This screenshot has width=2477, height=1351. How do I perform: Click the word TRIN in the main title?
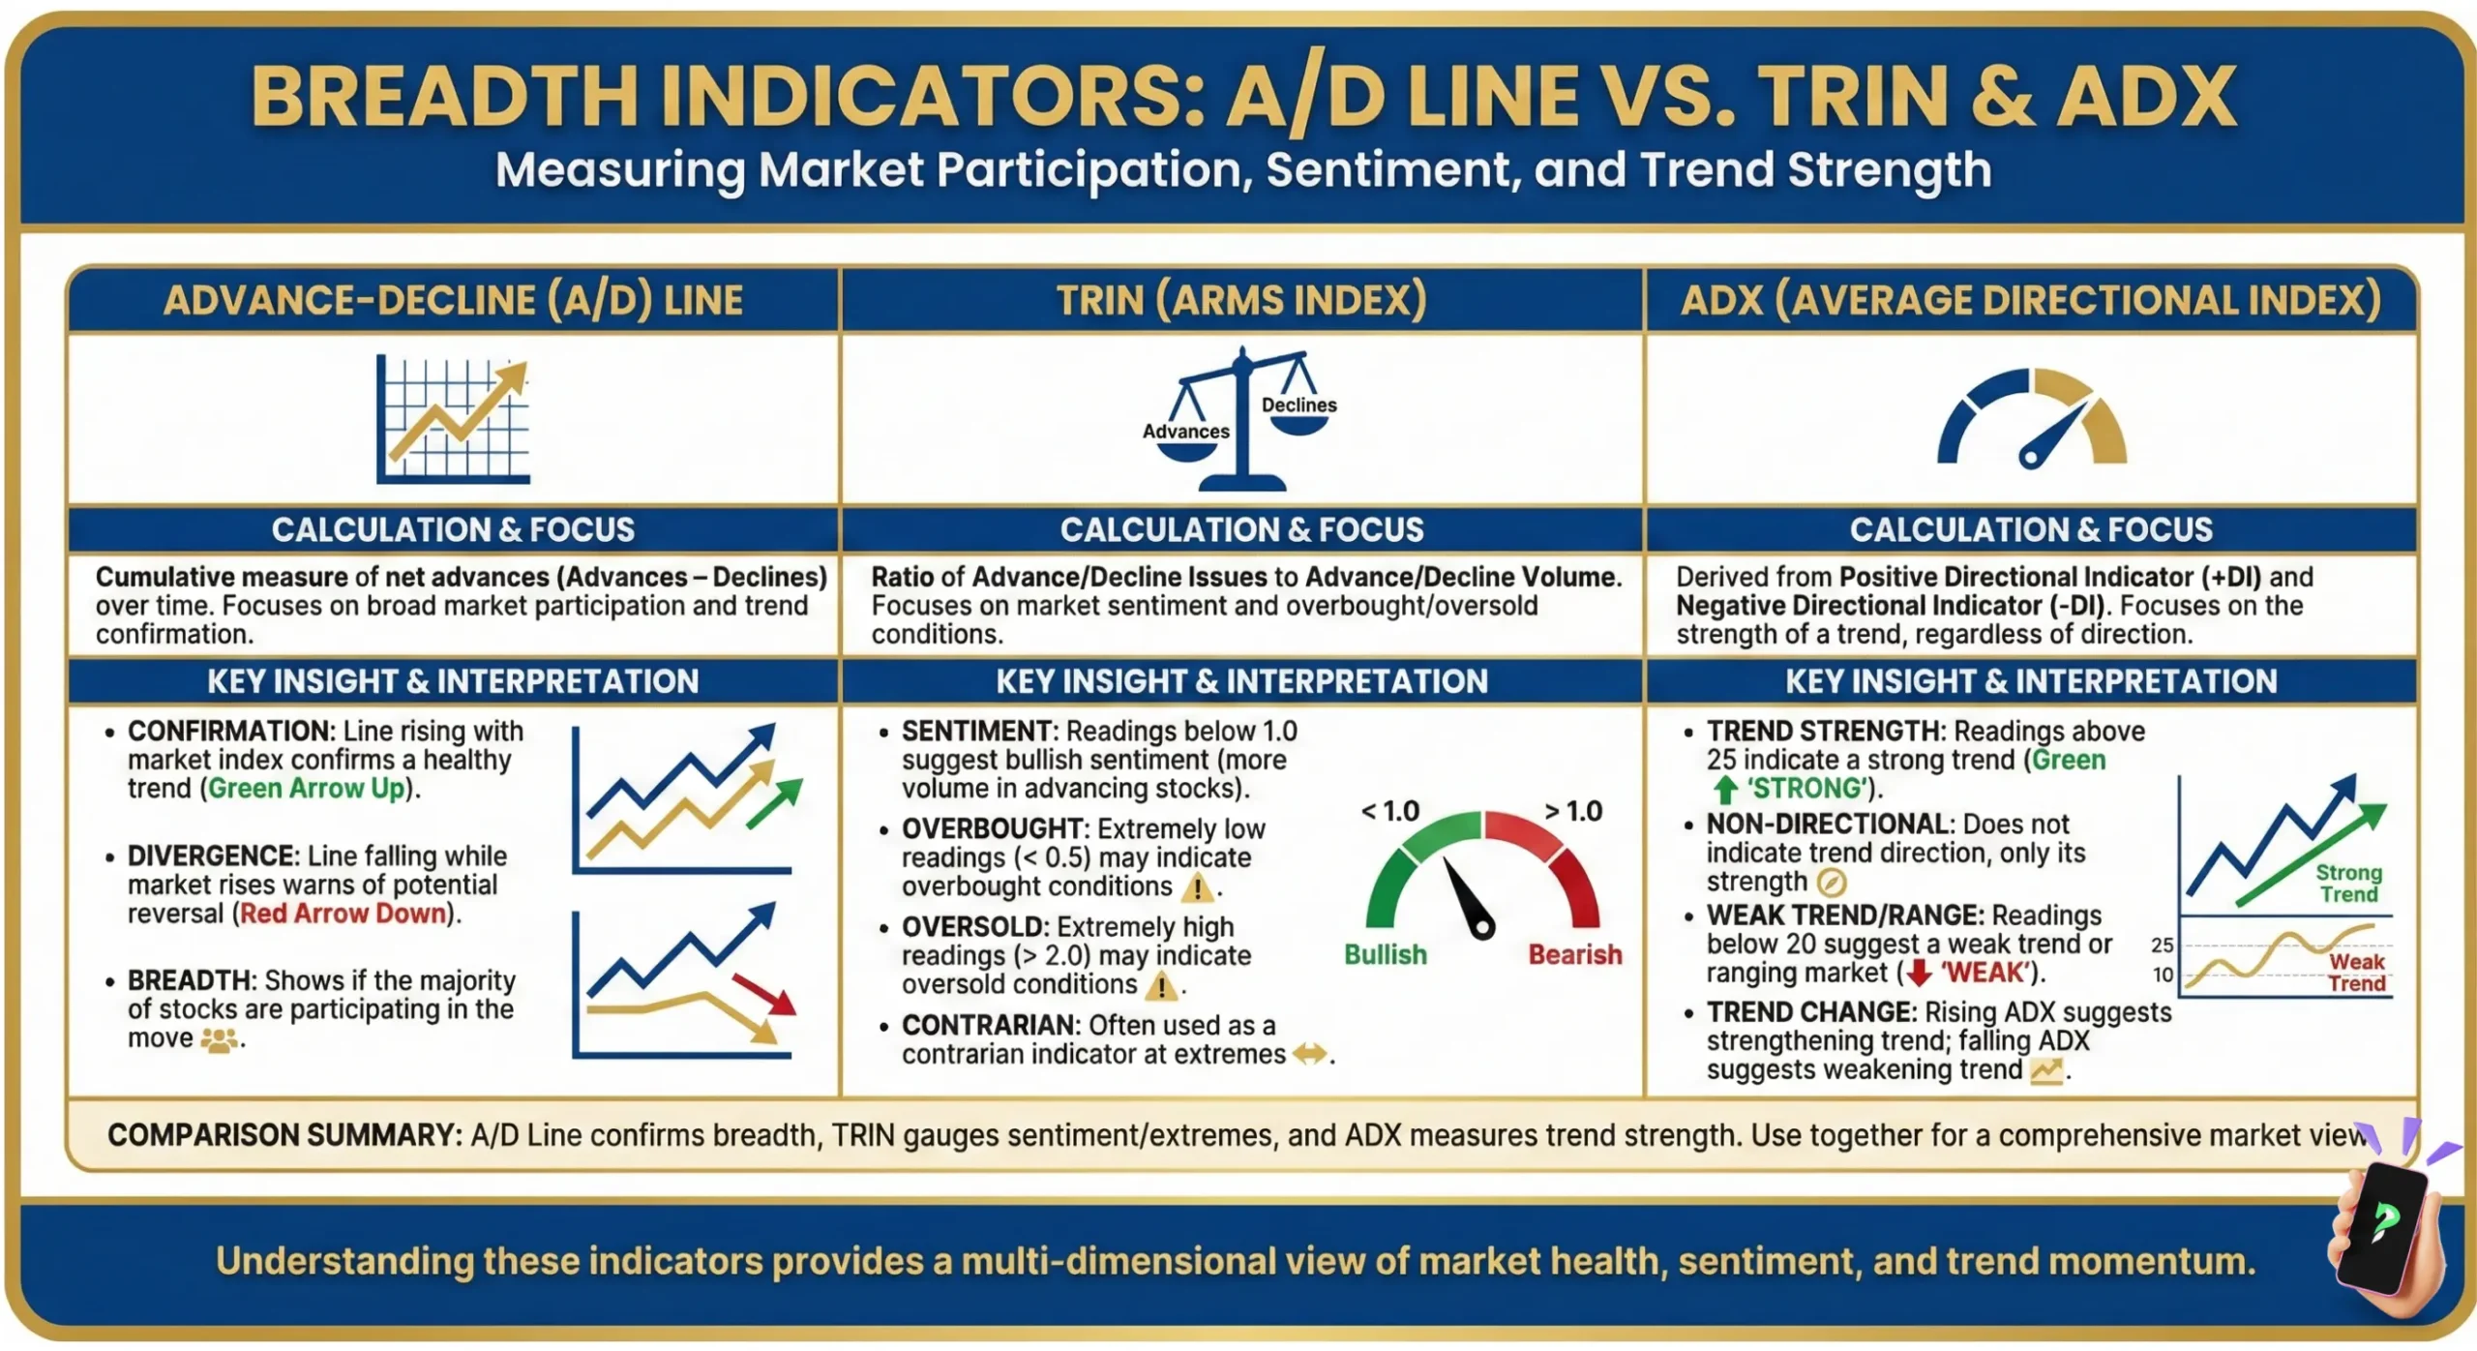pos(1852,97)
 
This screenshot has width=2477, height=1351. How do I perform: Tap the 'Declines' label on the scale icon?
pos(1298,405)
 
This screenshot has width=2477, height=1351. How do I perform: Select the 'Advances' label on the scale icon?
pos(1185,432)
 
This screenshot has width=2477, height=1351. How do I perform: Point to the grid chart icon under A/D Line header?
pos(453,418)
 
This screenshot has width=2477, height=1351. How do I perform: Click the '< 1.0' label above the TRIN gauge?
pos(1389,811)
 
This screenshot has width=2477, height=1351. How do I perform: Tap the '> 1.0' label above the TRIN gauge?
pos(1573,811)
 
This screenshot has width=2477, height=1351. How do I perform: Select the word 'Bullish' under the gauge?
pos(1385,954)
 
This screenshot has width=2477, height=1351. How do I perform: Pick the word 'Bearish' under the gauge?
pos(1574,954)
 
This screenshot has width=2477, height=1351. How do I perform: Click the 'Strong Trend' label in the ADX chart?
pos(2348,883)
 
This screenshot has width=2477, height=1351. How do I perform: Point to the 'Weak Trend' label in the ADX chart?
pos(2357,972)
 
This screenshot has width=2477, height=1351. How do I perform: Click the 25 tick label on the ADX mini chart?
pos(2162,945)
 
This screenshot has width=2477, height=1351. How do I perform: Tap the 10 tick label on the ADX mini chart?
pos(2163,975)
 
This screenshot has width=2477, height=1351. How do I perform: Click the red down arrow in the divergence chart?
pos(763,994)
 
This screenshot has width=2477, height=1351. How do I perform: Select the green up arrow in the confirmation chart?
pos(775,802)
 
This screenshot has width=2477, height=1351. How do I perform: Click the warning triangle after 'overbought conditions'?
pos(1198,886)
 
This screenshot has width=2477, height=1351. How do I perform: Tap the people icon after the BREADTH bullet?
pos(219,1039)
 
